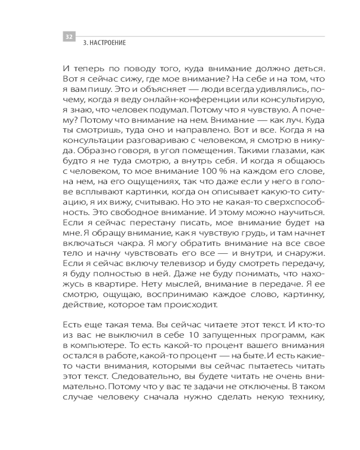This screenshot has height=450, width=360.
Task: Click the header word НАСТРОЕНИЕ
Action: click(108, 44)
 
